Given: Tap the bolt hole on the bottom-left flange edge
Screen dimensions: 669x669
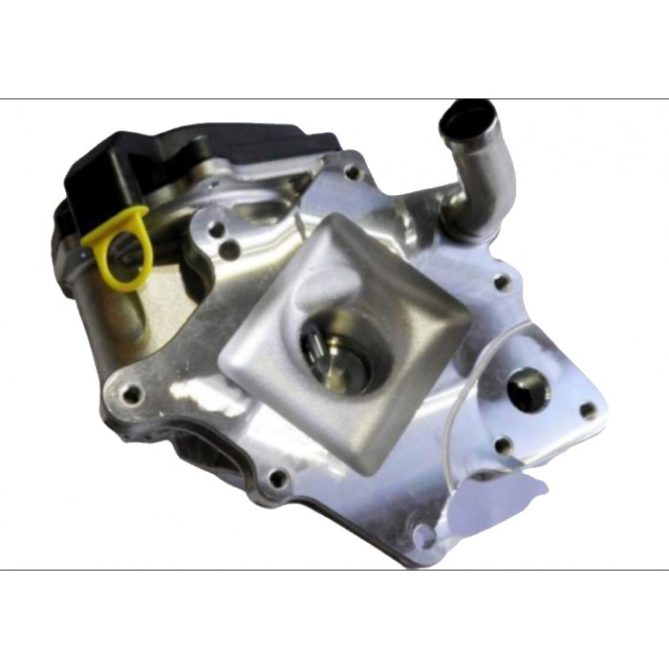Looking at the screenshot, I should (277, 478).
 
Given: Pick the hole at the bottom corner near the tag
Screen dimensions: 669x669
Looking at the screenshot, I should (421, 535).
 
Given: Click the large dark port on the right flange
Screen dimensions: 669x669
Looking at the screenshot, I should (527, 387).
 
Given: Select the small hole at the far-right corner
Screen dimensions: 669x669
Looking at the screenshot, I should (588, 410).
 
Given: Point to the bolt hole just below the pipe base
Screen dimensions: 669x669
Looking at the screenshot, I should (500, 282).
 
